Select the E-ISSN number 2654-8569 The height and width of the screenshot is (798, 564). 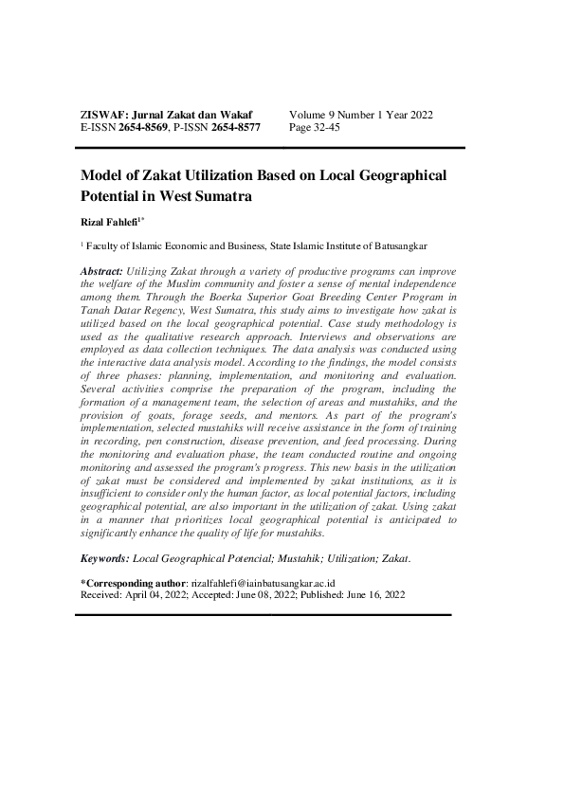point(143,127)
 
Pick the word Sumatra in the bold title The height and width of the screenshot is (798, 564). point(227,197)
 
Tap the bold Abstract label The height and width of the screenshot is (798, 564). point(102,271)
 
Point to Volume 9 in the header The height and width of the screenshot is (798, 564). point(314,115)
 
